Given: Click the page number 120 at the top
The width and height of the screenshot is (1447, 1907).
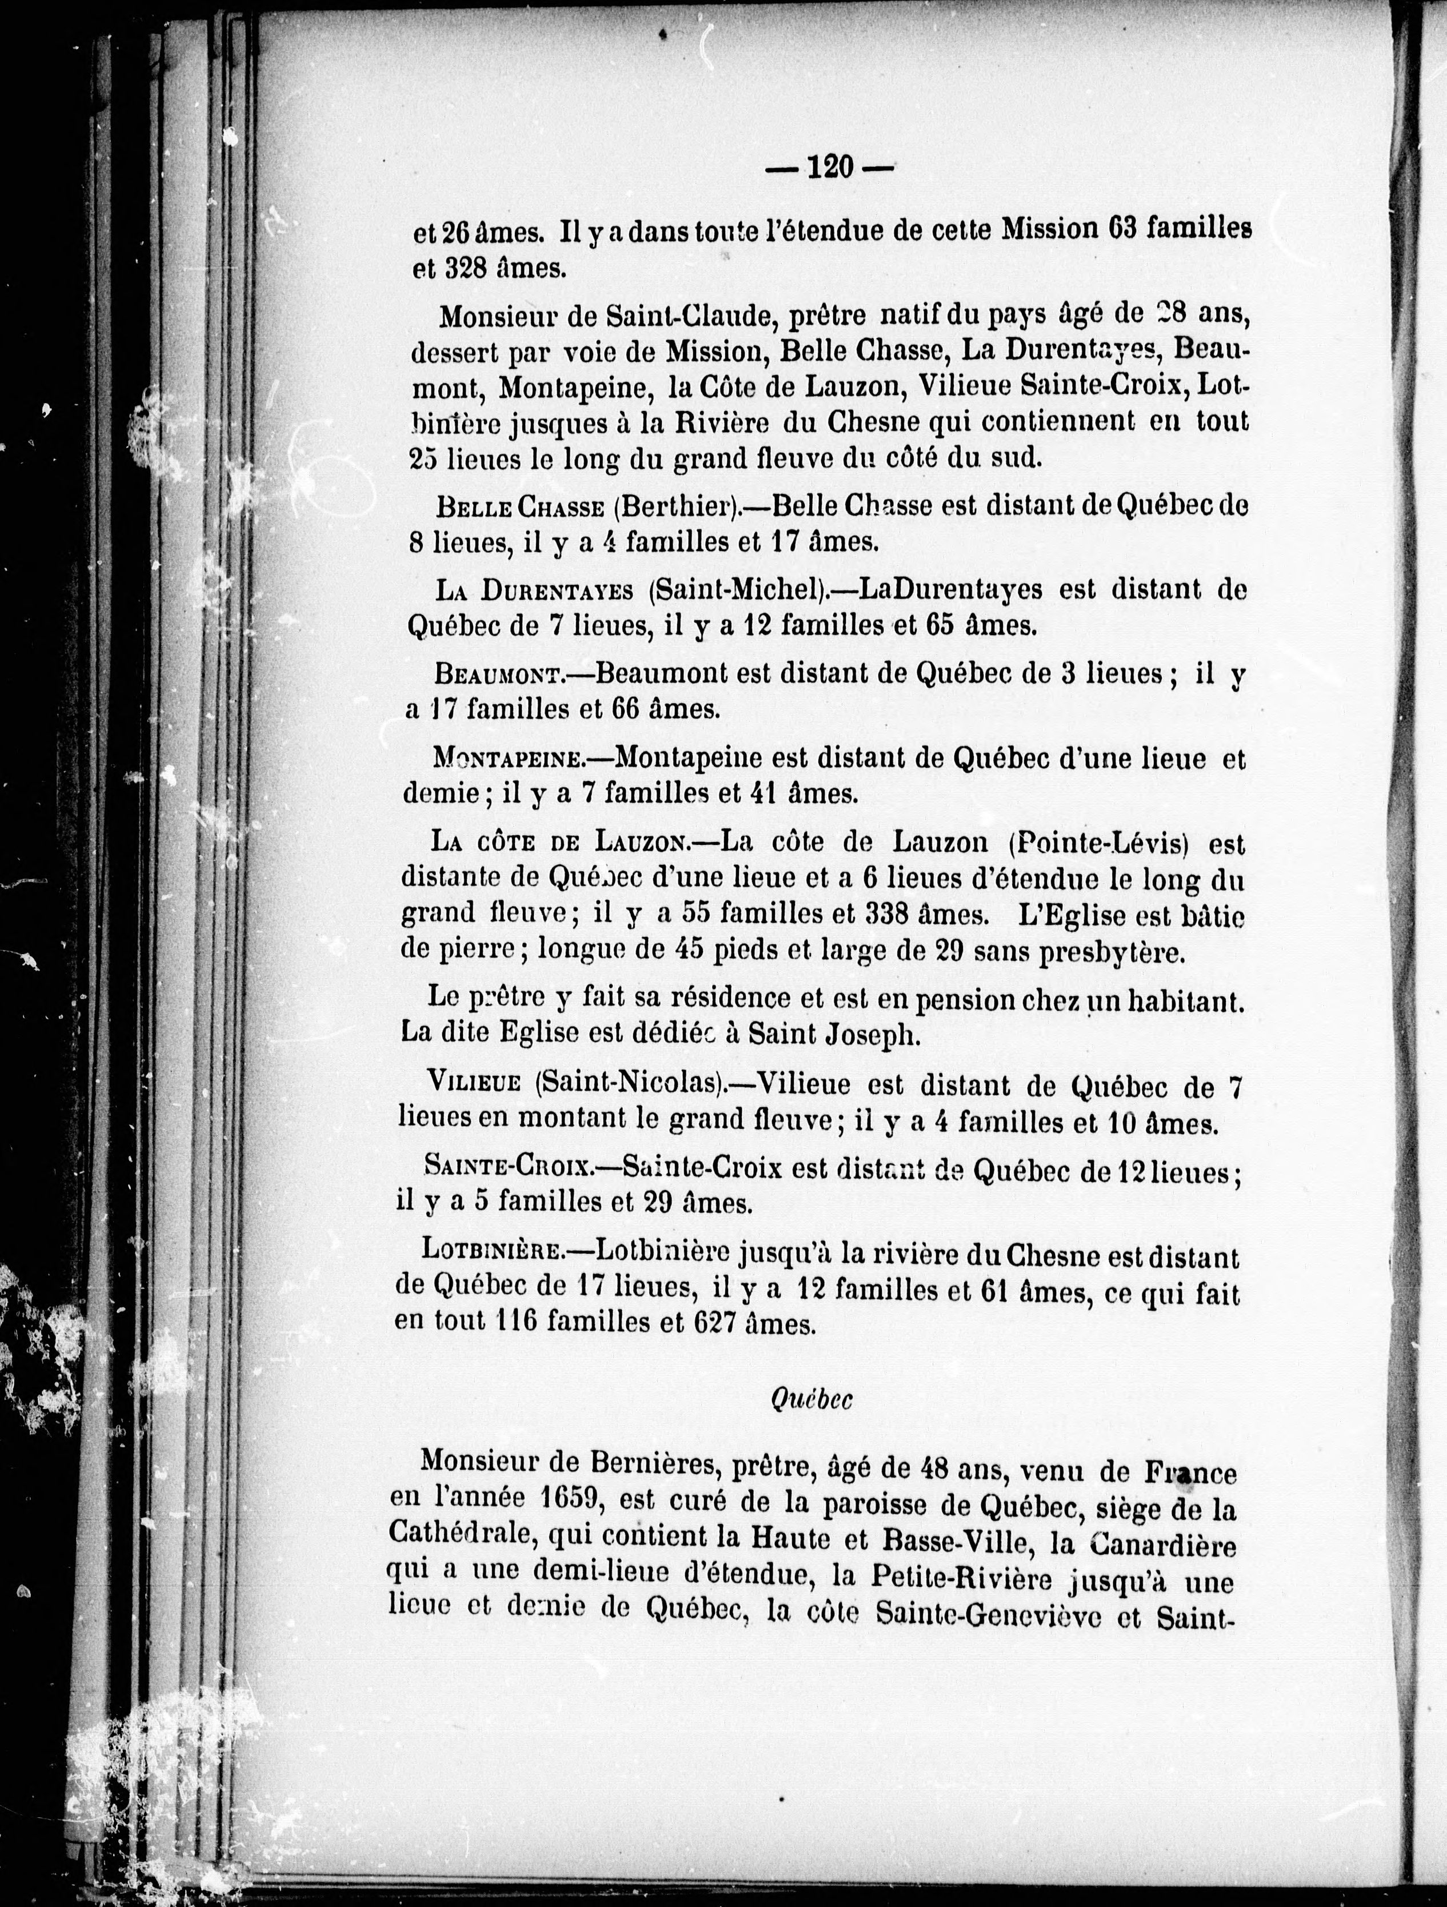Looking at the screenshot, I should click(829, 166).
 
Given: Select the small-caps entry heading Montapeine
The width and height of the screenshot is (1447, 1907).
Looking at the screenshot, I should click(509, 758).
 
